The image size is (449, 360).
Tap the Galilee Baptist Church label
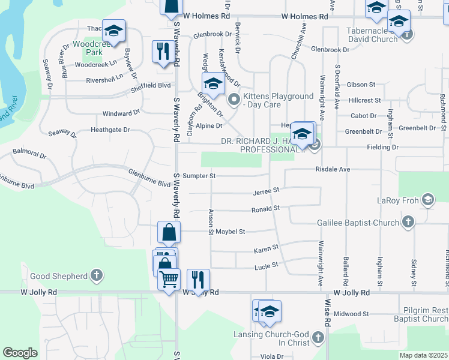(x=358, y=223)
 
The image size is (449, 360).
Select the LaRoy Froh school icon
(x=428, y=200)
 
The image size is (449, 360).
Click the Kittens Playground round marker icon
(x=235, y=100)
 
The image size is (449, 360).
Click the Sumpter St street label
(x=199, y=176)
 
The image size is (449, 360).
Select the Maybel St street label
(x=231, y=231)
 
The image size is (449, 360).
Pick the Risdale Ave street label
(x=333, y=169)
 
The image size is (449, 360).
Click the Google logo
(x=20, y=353)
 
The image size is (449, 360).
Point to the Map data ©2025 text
(x=423, y=355)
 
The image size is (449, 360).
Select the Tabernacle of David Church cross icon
(x=407, y=34)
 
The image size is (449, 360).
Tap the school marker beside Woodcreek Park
(x=113, y=31)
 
